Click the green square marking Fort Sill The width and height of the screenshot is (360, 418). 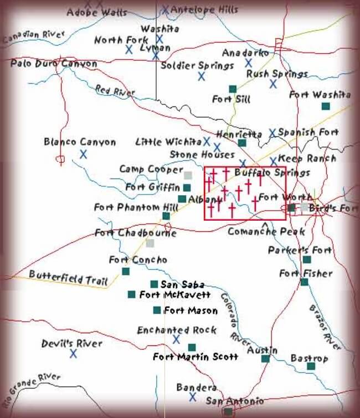coord(233,89)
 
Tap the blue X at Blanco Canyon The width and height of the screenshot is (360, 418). coord(83,154)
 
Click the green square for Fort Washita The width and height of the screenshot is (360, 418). coord(326,106)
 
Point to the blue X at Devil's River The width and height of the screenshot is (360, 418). coord(73,353)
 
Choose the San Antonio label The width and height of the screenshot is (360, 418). coord(234,401)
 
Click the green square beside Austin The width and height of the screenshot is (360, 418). coord(265,359)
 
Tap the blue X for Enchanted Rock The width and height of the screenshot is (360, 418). coord(177,339)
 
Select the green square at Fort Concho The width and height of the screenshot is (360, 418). coord(126,271)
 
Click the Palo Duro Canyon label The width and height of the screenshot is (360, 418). coord(54,63)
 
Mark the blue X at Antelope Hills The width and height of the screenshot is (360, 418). coord(165,9)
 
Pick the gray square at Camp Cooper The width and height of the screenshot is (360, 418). coord(188,175)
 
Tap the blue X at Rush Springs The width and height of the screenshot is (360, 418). coord(273,84)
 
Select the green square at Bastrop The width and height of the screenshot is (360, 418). coord(311,366)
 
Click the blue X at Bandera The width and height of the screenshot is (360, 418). coord(192,396)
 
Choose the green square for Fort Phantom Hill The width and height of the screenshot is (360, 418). coord(166,216)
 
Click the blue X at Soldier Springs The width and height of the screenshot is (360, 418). coord(202,77)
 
